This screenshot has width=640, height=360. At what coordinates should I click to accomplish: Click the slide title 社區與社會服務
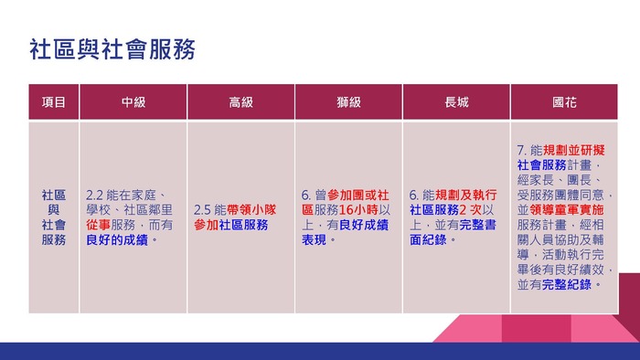click(112, 49)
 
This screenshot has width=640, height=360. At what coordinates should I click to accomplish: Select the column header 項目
click(53, 102)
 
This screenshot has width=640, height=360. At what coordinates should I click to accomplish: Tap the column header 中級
click(133, 102)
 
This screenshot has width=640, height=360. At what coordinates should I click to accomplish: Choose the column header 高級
click(240, 102)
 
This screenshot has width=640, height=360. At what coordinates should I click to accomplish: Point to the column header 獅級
click(348, 102)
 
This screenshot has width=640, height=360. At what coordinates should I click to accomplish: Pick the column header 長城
click(456, 102)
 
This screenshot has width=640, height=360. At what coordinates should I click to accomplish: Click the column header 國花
click(564, 102)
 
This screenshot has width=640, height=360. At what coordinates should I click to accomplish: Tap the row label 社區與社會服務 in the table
click(53, 217)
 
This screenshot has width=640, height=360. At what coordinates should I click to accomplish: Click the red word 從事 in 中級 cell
click(98, 225)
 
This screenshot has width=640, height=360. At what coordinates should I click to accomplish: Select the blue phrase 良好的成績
click(117, 239)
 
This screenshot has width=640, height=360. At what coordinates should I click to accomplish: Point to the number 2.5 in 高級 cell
click(202, 210)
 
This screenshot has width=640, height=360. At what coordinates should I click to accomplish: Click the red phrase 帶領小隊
click(251, 210)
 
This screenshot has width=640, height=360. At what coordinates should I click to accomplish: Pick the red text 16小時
click(358, 210)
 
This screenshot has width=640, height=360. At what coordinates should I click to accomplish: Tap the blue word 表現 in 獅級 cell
click(314, 239)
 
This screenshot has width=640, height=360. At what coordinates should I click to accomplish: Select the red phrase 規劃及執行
click(465, 195)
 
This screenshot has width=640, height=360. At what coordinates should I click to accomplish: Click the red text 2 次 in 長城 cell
click(471, 210)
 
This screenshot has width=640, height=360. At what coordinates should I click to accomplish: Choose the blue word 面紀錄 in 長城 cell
click(428, 239)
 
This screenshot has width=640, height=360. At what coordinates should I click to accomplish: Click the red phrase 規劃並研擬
click(573, 151)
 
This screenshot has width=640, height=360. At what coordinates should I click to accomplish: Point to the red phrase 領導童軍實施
click(567, 210)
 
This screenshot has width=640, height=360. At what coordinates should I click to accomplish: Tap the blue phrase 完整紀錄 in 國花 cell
click(567, 284)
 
